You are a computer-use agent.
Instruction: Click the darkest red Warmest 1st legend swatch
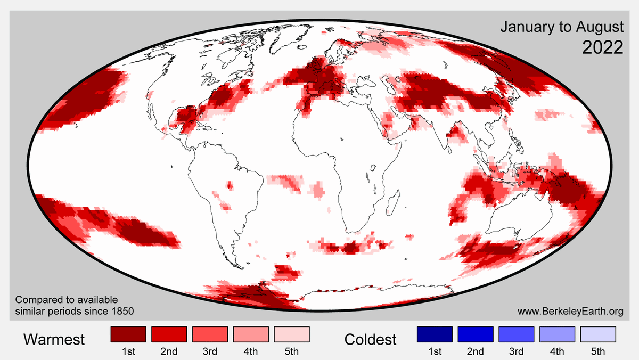(128, 334)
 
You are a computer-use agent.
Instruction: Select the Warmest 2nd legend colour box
(169, 334)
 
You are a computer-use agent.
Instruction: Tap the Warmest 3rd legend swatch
(210, 334)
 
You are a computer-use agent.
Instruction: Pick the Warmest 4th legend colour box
(251, 334)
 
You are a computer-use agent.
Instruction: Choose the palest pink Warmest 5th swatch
(292, 334)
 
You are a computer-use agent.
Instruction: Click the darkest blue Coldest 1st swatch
(435, 334)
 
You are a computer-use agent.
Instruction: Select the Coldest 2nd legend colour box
(476, 334)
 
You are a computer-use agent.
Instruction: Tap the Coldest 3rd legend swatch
(517, 334)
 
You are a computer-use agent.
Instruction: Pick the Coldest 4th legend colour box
(558, 334)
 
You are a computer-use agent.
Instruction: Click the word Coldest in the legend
(371, 339)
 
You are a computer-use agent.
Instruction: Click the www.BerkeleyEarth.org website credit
(570, 310)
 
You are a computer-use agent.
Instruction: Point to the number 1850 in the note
(122, 310)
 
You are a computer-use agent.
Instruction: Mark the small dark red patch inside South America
(230, 186)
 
